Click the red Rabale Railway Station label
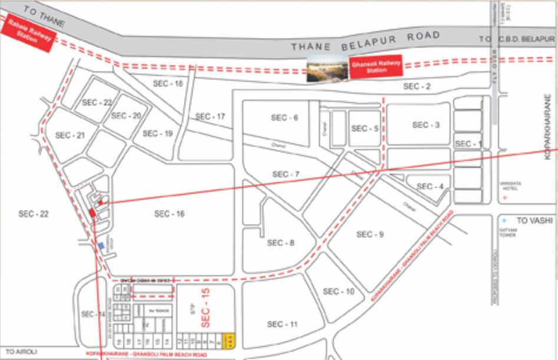28,35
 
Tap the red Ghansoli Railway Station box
376,67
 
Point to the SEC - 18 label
168,84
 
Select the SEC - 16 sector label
170,214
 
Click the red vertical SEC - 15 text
206,308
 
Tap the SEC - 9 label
370,235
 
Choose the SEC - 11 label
282,324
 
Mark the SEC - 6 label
284,118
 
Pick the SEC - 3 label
425,125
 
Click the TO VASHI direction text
533,220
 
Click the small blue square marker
101,245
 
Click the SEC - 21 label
70,136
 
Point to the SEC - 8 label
280,243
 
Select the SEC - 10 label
338,292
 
